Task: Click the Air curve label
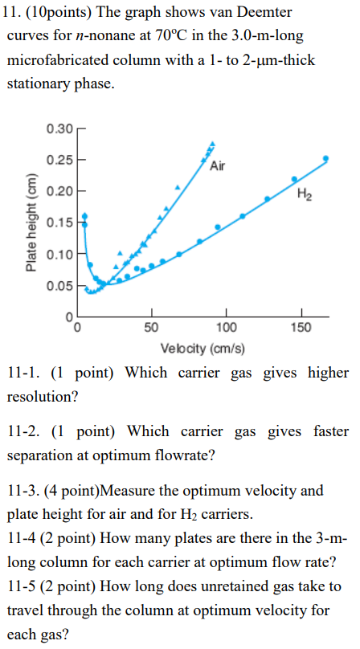tap(217, 166)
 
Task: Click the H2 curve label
tap(304, 194)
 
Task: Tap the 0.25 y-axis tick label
tap(59, 159)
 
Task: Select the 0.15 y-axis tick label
tap(59, 222)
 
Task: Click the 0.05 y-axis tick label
tap(59, 285)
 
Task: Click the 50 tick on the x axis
tap(151, 327)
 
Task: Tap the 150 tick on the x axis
tap(301, 327)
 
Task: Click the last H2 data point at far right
tap(325, 158)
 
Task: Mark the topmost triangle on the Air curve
tap(212, 145)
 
